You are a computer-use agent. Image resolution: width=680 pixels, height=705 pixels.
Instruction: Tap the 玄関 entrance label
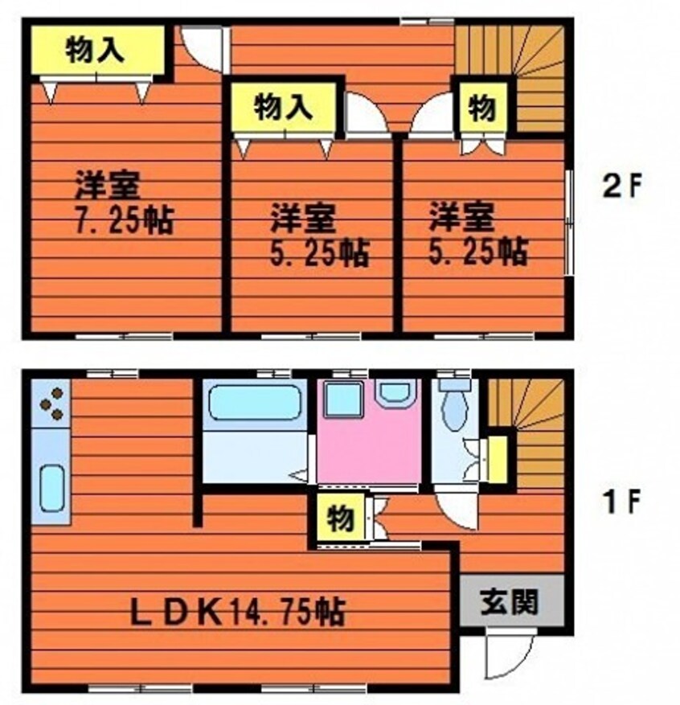tap(510, 601)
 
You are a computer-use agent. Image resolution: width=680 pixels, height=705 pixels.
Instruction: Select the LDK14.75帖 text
tap(238, 612)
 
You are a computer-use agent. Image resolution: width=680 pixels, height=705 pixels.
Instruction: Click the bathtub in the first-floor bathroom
tap(254, 403)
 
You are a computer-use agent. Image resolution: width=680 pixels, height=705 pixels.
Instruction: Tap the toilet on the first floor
tap(454, 407)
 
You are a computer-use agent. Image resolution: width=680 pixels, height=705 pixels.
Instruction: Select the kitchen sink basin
tap(51, 487)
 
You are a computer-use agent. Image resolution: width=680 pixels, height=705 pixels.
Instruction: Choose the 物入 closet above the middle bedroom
tap(283, 107)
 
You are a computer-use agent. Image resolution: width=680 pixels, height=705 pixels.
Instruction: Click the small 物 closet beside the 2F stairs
tap(481, 107)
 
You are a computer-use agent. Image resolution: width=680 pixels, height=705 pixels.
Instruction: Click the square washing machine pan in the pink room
tap(342, 400)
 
